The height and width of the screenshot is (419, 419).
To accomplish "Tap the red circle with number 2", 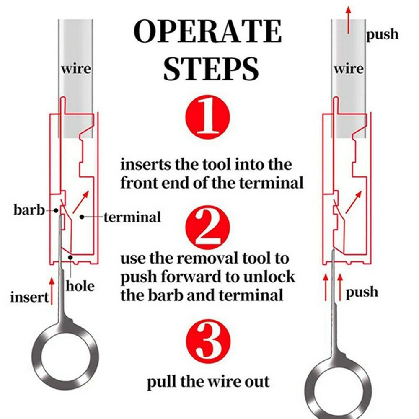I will [208, 228].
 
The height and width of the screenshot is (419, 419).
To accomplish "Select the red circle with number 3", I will [208, 340].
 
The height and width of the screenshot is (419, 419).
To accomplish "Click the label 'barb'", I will [28, 209].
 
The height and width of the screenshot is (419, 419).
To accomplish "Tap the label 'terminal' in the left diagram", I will [132, 217].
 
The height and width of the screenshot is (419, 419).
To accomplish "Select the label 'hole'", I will [80, 286].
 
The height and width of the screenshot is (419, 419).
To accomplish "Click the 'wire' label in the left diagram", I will [76, 68].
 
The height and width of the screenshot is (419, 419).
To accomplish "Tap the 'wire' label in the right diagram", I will [348, 68].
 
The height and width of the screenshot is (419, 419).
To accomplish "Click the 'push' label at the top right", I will [383, 34].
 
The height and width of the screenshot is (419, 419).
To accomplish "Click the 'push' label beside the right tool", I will [362, 292].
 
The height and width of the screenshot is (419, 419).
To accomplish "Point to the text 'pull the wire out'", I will [208, 382].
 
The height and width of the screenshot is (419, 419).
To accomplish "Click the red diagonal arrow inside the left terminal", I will [82, 202].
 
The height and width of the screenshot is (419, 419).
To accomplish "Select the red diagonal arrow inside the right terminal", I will [353, 202].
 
